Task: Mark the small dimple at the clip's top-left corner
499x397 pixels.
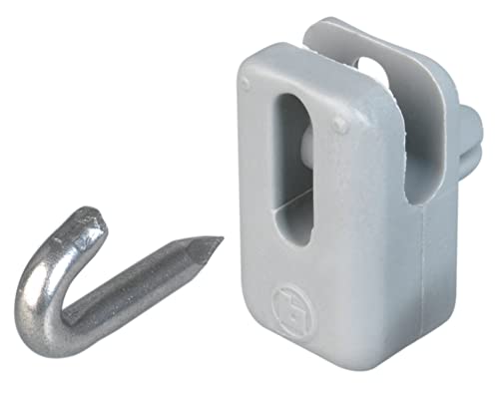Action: point(246,86)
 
